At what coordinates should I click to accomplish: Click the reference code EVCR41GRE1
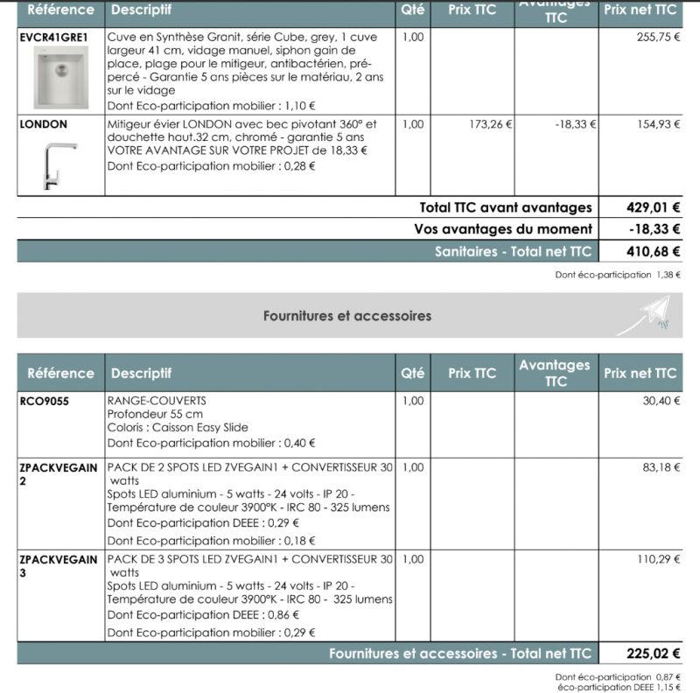pos(53,38)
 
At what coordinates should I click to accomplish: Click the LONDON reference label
pos(43,124)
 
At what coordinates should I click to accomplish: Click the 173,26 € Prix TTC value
pos(491,124)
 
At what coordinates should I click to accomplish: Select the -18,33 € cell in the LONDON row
pos(575,124)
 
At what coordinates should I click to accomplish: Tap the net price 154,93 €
pos(658,124)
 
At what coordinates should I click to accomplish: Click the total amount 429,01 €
pos(654,208)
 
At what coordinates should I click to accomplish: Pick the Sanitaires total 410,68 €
pos(654,252)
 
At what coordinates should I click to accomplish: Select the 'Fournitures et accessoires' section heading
pos(347,316)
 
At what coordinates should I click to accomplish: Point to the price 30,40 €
pos(661,401)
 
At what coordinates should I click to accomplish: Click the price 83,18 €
pos(661,467)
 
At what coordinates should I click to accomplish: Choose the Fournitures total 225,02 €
pos(654,654)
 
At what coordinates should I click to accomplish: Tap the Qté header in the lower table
pos(412,373)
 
